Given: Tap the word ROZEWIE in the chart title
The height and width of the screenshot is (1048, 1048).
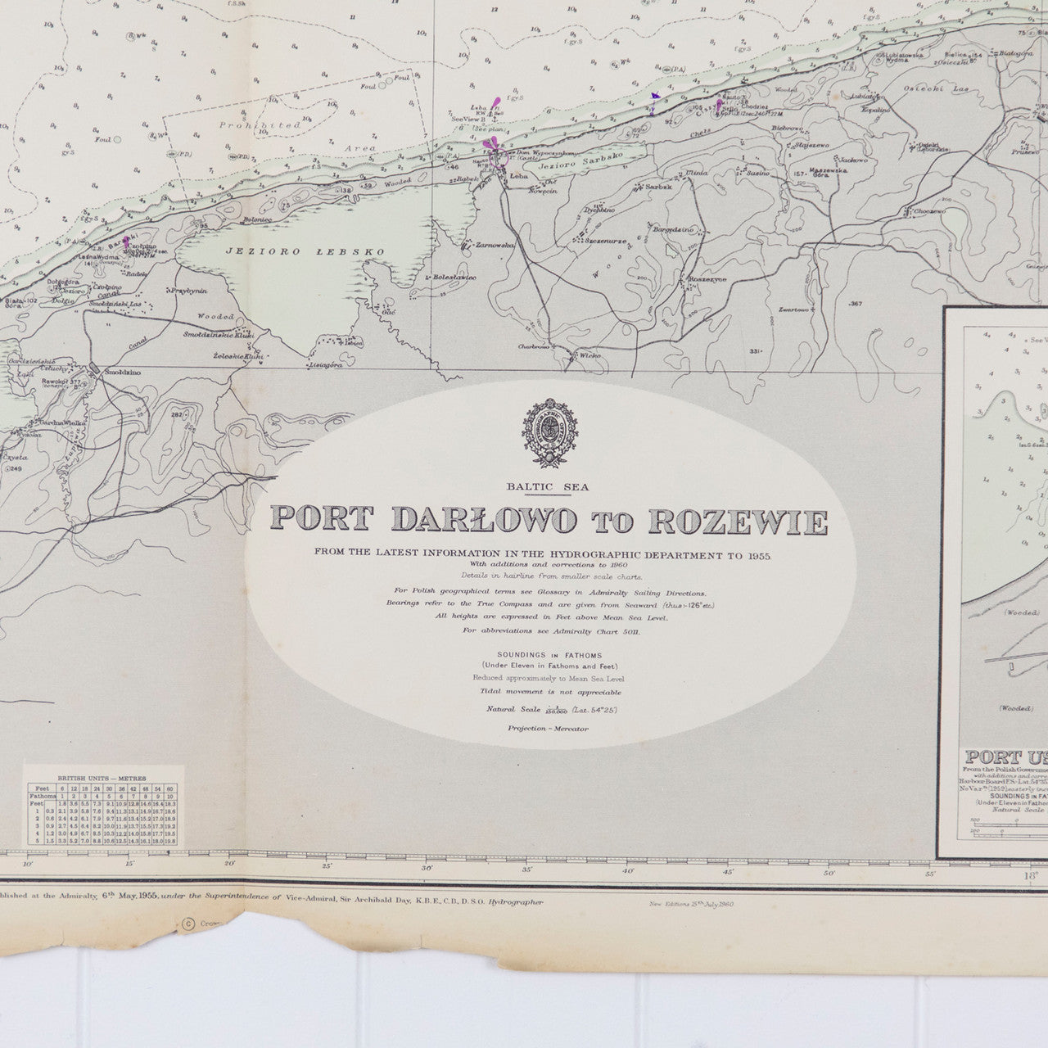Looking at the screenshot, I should (x=738, y=521).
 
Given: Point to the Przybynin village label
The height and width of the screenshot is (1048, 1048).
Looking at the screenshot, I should (x=188, y=291).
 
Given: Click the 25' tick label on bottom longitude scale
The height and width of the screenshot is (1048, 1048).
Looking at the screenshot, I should (x=327, y=866).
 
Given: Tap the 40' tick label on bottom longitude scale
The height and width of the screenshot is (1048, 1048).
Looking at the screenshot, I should (x=628, y=870).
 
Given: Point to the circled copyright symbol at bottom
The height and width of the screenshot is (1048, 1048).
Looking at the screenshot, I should (x=189, y=924).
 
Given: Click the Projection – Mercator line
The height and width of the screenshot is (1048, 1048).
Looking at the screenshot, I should (x=548, y=728).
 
